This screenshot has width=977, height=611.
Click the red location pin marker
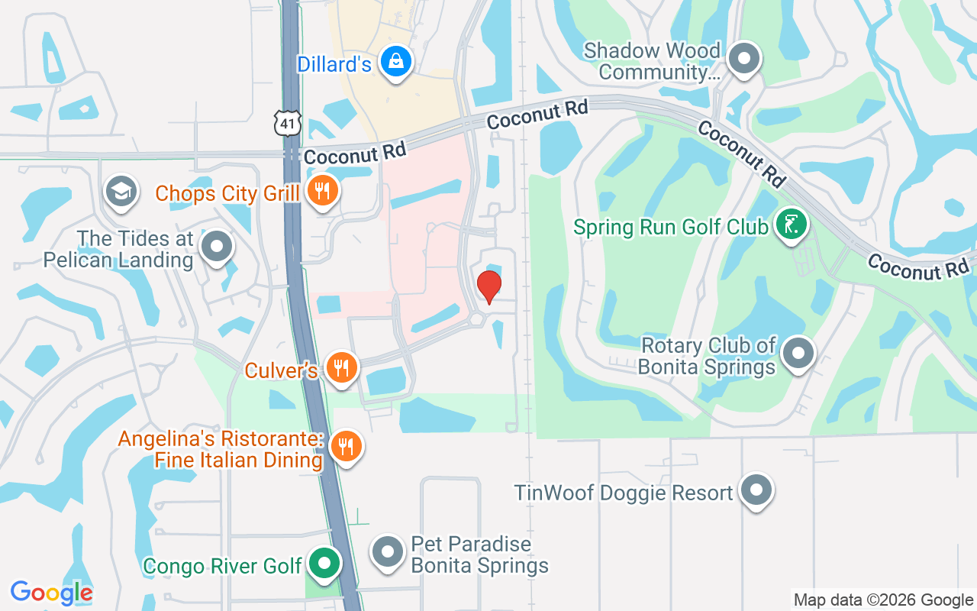[488, 286]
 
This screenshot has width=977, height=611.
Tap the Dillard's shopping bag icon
[396, 63]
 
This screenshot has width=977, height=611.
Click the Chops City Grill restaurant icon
[323, 192]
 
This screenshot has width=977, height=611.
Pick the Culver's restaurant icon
[341, 369]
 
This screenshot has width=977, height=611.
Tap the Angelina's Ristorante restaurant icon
[347, 446]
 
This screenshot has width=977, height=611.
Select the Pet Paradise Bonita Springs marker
[387, 551]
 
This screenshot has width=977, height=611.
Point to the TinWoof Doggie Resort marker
[756, 490]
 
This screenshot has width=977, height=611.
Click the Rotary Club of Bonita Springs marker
[798, 354]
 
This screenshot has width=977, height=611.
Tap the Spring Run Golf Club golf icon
[792, 225]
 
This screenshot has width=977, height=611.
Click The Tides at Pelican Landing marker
[217, 247]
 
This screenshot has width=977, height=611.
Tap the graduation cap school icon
[121, 191]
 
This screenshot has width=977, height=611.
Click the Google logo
[51, 593]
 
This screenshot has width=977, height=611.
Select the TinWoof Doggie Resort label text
[624, 493]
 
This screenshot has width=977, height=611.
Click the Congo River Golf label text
[223, 567]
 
